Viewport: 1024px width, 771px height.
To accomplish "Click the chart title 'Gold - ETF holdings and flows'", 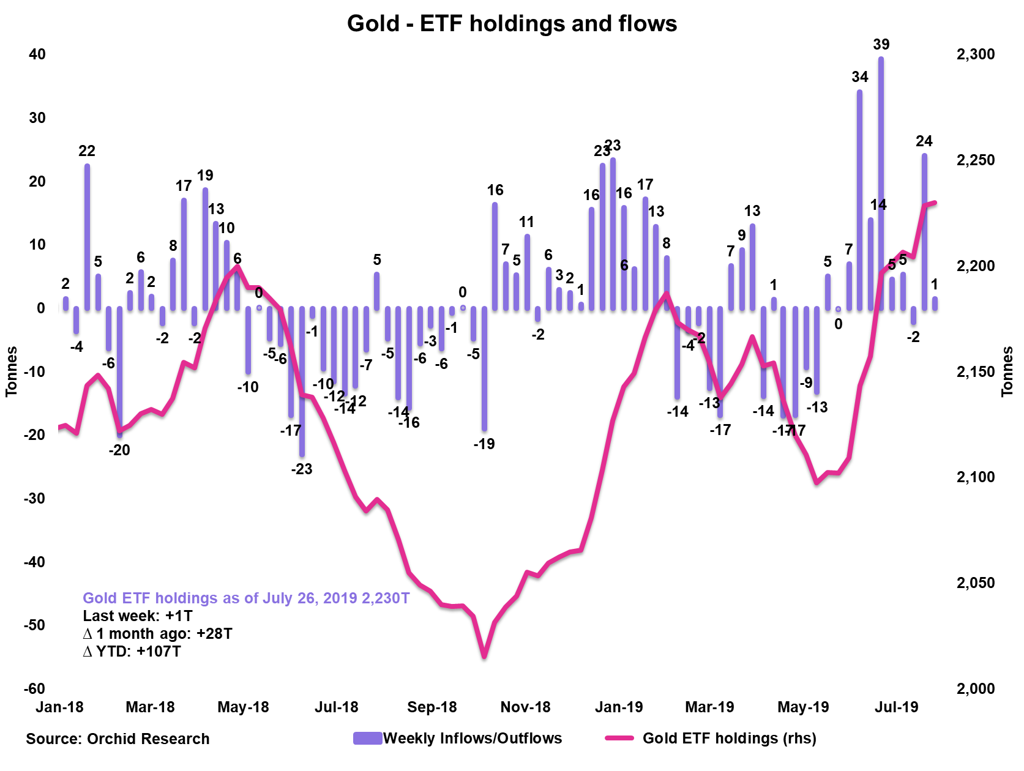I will pyautogui.click(x=512, y=24).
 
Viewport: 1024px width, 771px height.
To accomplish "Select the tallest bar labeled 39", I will pyautogui.click(x=881, y=184).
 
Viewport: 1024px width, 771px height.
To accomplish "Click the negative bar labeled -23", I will pyautogui.click(x=302, y=382).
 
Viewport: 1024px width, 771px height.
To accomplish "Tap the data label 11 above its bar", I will pyautogui.click(x=526, y=222).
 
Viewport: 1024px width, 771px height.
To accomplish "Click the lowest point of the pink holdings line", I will pyautogui.click(x=484, y=656).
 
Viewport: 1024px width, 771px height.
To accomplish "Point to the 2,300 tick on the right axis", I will pyautogui.click(x=976, y=54).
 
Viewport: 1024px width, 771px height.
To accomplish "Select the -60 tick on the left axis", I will pyautogui.click(x=35, y=688).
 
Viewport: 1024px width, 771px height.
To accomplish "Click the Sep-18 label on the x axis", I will pyautogui.click(x=432, y=707).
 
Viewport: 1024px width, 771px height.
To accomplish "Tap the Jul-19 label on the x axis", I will pyautogui.click(x=897, y=707).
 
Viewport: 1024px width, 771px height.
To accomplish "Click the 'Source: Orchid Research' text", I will pyautogui.click(x=118, y=739).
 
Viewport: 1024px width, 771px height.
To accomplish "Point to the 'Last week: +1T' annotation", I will pyautogui.click(x=138, y=616).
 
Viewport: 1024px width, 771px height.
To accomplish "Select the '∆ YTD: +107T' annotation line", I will pyautogui.click(x=132, y=651).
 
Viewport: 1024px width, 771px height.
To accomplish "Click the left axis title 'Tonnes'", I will pyautogui.click(x=12, y=371).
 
